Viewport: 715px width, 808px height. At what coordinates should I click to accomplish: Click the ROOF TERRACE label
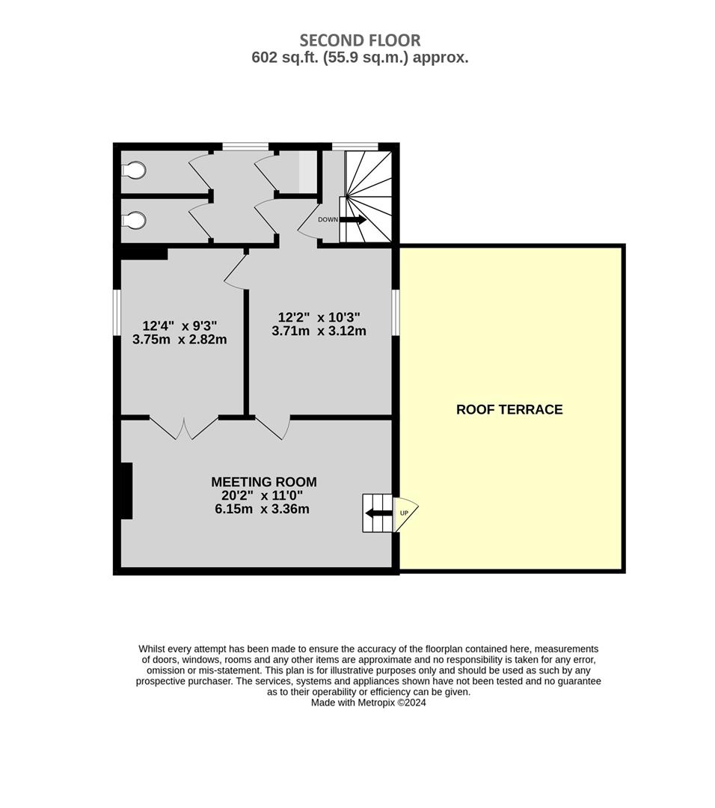tap(509, 410)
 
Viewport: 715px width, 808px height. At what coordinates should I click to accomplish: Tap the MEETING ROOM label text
tap(264, 482)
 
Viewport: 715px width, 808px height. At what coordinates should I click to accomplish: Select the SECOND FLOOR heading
tap(360, 40)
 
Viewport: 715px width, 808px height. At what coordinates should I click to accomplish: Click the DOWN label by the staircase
tap(328, 219)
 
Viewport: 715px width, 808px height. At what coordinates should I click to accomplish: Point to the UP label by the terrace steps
tap(404, 513)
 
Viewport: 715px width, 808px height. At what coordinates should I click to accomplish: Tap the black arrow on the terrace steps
tap(378, 513)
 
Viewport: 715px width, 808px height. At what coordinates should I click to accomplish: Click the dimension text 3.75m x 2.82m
tap(179, 340)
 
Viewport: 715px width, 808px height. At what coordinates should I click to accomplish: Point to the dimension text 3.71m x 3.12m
tap(319, 331)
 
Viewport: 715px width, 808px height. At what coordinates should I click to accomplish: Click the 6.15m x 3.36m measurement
tap(263, 509)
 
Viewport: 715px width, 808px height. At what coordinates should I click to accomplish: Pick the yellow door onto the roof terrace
tap(405, 514)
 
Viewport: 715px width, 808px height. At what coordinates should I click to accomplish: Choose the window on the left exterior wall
tap(117, 313)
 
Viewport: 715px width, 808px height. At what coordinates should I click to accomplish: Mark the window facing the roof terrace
tap(396, 313)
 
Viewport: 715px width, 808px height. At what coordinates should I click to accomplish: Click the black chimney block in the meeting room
tap(126, 491)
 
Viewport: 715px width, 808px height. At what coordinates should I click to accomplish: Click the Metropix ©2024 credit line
tap(368, 703)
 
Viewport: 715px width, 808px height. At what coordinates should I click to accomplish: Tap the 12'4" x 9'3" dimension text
tap(179, 325)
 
